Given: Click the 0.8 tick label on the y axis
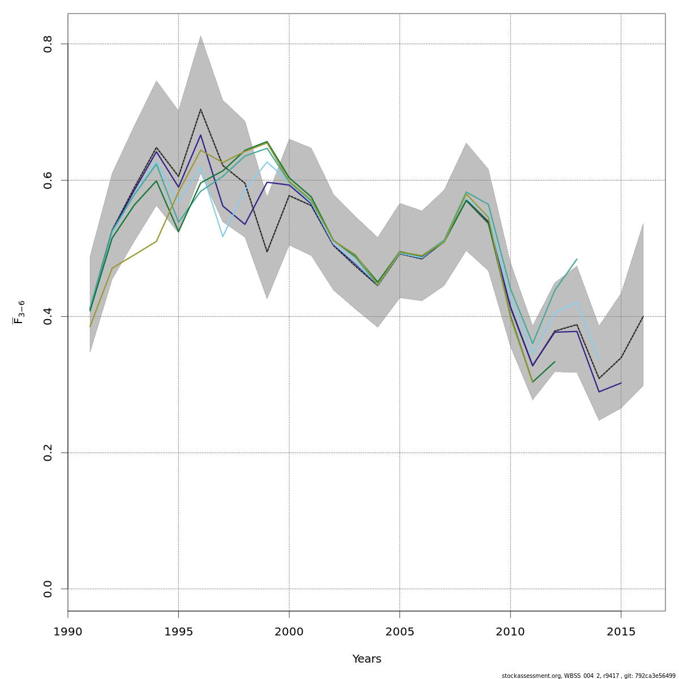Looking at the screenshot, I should (x=48, y=44).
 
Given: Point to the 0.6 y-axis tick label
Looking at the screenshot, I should (x=48, y=180).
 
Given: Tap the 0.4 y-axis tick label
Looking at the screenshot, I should (x=48, y=316).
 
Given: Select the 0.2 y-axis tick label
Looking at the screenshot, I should (x=48, y=453).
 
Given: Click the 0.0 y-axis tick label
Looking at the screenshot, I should (x=48, y=589).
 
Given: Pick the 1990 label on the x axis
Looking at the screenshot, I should (x=68, y=631).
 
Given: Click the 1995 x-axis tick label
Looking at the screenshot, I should (x=178, y=631).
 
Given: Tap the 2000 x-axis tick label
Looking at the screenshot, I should (x=289, y=631).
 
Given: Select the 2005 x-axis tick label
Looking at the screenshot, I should (x=399, y=631).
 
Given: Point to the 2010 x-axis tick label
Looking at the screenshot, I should (x=510, y=631).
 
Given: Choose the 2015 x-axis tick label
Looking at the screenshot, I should (x=621, y=631).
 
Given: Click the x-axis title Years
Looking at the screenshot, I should (x=367, y=659).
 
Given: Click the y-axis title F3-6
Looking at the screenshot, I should (x=19, y=312).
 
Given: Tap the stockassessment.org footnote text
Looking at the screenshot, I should (x=588, y=676).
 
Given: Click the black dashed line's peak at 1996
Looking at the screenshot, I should (x=200, y=109).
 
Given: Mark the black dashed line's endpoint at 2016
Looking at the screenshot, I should (x=643, y=316).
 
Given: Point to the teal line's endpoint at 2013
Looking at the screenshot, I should (x=577, y=259).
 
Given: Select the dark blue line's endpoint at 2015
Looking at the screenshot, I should (x=621, y=383).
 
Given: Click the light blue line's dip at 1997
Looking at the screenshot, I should (x=222, y=237).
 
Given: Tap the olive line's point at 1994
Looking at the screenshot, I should (x=156, y=241).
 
